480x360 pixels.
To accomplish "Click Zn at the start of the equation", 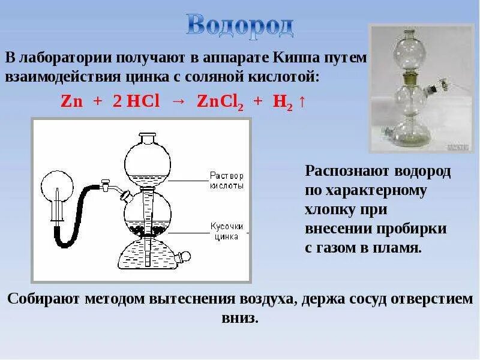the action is [x=71, y=101].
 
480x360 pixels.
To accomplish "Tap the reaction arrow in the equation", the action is [x=178, y=101].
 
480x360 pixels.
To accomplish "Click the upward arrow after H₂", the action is [x=302, y=101].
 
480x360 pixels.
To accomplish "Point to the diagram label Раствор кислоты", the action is [x=227, y=181].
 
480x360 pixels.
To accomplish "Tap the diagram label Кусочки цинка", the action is [x=226, y=232].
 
